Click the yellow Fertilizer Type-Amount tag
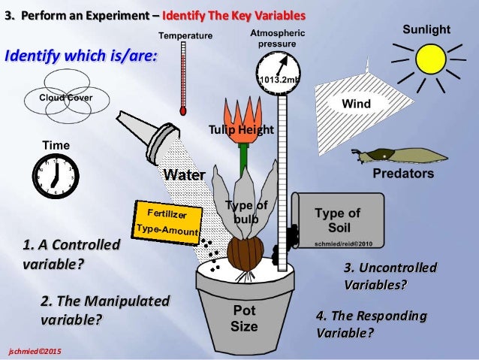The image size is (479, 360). (x=167, y=219)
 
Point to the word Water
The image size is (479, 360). (x=184, y=174)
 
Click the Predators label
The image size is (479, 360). (x=403, y=174)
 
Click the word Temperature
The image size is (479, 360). (x=185, y=35)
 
